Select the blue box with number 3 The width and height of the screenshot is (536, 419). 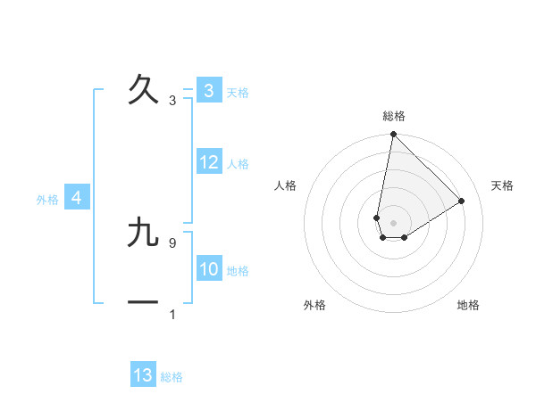tap(209, 91)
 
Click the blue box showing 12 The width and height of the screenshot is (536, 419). tap(209, 162)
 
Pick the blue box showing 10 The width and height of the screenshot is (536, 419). tap(209, 269)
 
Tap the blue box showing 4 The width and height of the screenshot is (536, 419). tap(77, 198)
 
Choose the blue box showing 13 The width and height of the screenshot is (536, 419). tap(143, 375)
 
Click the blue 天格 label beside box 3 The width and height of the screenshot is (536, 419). tap(238, 93)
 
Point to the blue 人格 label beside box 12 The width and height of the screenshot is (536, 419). tap(238, 164)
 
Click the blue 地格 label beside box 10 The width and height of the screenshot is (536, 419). tap(238, 271)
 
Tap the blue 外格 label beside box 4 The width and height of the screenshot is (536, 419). tap(47, 200)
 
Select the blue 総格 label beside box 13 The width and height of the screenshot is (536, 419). tap(172, 377)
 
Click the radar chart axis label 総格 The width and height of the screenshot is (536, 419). tap(394, 116)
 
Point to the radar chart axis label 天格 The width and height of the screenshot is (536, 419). tap(502, 185)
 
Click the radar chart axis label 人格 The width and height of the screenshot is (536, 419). tap(286, 185)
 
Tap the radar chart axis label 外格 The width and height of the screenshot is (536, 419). tap(314, 305)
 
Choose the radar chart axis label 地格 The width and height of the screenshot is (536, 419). tap(468, 305)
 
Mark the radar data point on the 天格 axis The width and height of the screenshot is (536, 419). tap(462, 201)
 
